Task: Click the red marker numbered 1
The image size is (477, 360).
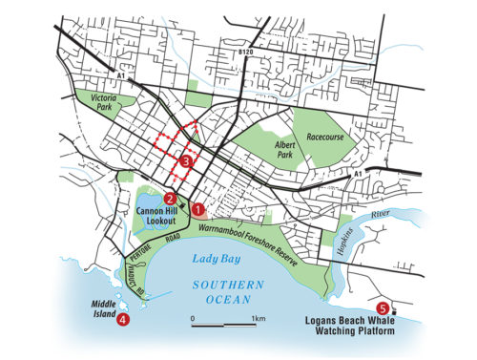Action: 198,207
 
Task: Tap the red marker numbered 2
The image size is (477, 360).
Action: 169,199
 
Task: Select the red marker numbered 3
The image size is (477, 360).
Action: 186,162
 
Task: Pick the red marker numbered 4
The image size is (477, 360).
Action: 122,320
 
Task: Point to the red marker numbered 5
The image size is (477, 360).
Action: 383,307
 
